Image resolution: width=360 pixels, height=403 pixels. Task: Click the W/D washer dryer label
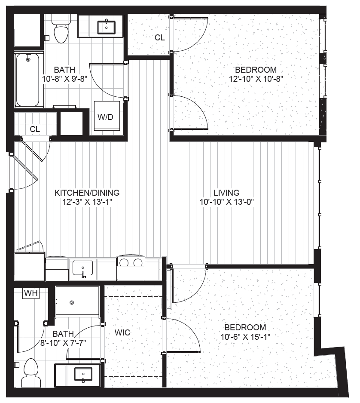(x=105, y=117)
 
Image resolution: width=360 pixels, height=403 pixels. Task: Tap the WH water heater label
(x=31, y=293)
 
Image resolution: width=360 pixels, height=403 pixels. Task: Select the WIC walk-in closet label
(x=122, y=332)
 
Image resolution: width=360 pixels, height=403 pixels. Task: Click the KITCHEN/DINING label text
(x=87, y=193)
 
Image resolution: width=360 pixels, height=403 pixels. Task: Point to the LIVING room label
(x=226, y=193)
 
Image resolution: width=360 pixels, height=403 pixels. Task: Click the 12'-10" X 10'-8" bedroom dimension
(x=256, y=79)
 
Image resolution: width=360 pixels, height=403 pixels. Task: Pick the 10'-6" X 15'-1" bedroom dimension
(x=245, y=336)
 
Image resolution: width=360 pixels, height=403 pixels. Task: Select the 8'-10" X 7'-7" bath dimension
(x=63, y=343)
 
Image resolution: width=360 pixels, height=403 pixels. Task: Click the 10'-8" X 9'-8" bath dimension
(x=65, y=79)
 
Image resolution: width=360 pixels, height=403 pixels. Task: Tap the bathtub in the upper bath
(x=28, y=80)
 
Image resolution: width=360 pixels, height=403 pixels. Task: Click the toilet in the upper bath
(x=61, y=28)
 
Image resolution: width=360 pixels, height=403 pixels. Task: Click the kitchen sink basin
(x=82, y=268)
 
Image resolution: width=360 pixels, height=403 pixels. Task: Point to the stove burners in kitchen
(x=131, y=262)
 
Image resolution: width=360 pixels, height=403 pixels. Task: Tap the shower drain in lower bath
(x=72, y=302)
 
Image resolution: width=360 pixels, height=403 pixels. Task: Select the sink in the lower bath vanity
(x=83, y=374)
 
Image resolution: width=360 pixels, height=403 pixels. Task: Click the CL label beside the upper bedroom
(x=159, y=38)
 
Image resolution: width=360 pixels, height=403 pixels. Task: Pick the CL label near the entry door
(x=35, y=129)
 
